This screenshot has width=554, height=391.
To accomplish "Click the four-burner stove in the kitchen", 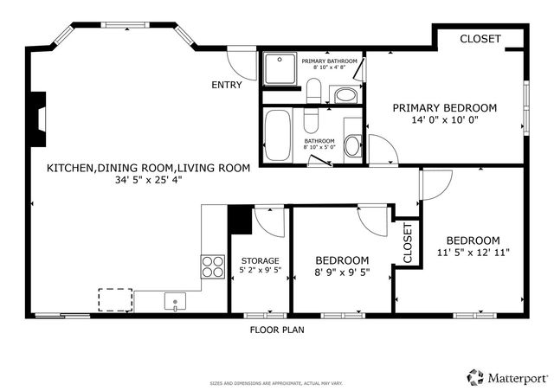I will (212, 266).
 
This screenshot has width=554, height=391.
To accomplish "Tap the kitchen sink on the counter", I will (174, 302).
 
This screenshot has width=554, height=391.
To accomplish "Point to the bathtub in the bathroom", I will (278, 136).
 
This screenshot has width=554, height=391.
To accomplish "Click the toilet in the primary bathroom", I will (313, 90).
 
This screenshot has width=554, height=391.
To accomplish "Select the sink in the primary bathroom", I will (344, 94).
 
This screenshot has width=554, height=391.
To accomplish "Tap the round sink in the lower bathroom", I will (352, 146).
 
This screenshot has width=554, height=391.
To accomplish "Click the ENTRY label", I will (227, 85).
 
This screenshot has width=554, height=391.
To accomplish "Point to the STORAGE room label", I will (260, 260).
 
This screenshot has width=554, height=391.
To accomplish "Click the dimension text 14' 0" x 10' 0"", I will (445, 120).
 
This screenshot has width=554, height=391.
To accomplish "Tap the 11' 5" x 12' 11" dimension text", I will (473, 253).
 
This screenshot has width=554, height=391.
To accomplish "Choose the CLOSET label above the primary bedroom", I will (480, 39).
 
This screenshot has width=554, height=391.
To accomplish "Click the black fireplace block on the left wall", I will (37, 116).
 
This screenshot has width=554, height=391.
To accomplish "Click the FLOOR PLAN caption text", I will (276, 330).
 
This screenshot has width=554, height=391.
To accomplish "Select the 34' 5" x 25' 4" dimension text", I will (148, 181).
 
